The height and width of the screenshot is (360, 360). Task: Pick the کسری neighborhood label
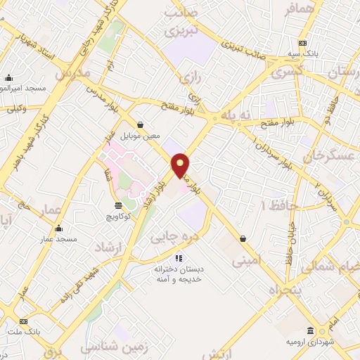tap(288, 72)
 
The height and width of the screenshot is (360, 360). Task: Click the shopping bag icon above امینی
tap(243, 238)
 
